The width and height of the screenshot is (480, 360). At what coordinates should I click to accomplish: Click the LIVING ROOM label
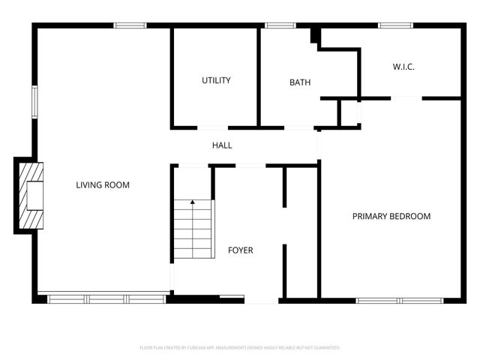[103, 184]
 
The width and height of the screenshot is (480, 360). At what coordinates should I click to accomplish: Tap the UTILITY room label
[216, 80]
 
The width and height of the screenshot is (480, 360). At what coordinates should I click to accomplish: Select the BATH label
[300, 82]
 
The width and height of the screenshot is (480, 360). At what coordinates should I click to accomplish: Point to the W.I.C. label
[403, 67]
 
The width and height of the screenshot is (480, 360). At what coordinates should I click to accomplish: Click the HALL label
[222, 145]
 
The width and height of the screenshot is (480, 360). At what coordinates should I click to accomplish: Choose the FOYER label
[241, 250]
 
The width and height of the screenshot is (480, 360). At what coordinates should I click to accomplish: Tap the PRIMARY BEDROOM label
[391, 216]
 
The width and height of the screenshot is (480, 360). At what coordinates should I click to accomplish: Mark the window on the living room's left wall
[34, 102]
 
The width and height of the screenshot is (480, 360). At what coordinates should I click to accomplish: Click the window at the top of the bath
[281, 26]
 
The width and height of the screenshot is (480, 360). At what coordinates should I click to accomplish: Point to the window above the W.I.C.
[395, 26]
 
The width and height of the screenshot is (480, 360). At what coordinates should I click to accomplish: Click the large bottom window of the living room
[106, 299]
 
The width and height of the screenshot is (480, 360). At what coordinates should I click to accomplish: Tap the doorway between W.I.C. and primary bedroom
[406, 97]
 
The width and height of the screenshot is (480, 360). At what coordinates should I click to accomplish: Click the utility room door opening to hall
[213, 127]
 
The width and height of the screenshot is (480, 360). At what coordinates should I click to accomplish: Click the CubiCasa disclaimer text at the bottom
[240, 348]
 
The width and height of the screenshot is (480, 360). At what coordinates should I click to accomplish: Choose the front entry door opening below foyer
[262, 301]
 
